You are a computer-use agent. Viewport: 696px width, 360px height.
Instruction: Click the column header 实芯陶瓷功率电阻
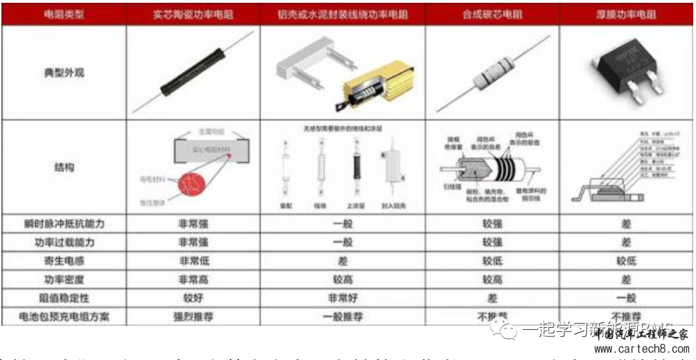(x=194, y=14)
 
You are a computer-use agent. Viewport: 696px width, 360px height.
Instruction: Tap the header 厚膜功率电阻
(x=626, y=14)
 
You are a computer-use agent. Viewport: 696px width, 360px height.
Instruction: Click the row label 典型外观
(x=64, y=72)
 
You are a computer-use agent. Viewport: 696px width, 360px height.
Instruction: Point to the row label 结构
(x=64, y=168)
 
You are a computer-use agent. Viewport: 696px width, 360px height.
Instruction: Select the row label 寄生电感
(x=64, y=261)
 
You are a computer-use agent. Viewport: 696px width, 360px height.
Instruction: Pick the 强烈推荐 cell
(x=194, y=316)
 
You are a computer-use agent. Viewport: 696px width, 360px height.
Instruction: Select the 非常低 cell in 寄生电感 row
(x=194, y=261)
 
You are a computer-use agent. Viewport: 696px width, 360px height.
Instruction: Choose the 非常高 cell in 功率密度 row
(x=194, y=279)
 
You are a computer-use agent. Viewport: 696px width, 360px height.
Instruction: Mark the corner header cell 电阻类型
(x=64, y=14)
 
